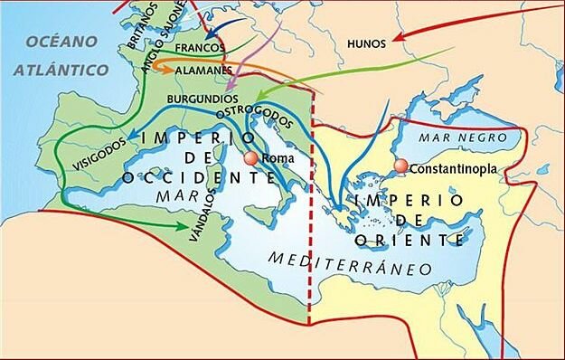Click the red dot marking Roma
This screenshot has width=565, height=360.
point(250,159)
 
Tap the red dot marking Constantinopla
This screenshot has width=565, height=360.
point(400,167)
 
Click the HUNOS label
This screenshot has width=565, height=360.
point(366,43)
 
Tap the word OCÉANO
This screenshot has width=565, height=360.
point(61,42)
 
